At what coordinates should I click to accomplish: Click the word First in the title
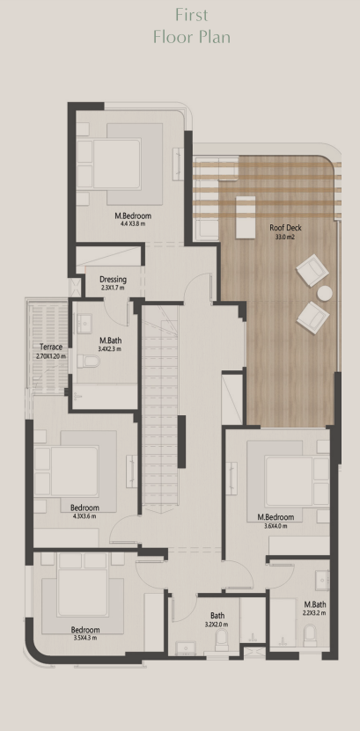pyautogui.click(x=192, y=15)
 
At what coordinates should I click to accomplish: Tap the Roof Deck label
pyautogui.click(x=285, y=228)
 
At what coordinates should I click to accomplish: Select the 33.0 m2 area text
pyautogui.click(x=285, y=237)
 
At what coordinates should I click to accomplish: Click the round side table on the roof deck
pyautogui.click(x=325, y=293)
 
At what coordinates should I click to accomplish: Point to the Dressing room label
pyautogui.click(x=113, y=280)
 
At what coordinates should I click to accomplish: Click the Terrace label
pyautogui.click(x=51, y=347)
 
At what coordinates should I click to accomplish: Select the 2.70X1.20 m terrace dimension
pyautogui.click(x=51, y=356)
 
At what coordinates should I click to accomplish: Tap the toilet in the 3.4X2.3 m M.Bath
pyautogui.click(x=88, y=361)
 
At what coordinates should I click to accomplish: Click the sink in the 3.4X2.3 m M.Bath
pyautogui.click(x=84, y=323)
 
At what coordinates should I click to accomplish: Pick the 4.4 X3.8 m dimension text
pyautogui.click(x=133, y=223)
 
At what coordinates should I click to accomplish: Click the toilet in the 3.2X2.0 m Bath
pyautogui.click(x=222, y=640)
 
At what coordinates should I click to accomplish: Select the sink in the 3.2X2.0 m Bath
pyautogui.click(x=186, y=648)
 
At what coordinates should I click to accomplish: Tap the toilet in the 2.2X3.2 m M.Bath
pyautogui.click(x=310, y=635)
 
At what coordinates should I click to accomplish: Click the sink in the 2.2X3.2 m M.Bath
pyautogui.click(x=322, y=581)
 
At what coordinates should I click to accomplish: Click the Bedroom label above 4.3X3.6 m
pyautogui.click(x=84, y=508)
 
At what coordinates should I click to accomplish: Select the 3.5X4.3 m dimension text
pyautogui.click(x=85, y=638)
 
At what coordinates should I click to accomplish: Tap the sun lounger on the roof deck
pyautogui.click(x=246, y=217)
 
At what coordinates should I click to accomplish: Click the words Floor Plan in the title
pyautogui.click(x=192, y=36)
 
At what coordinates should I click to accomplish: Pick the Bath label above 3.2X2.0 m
pyautogui.click(x=217, y=616)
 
